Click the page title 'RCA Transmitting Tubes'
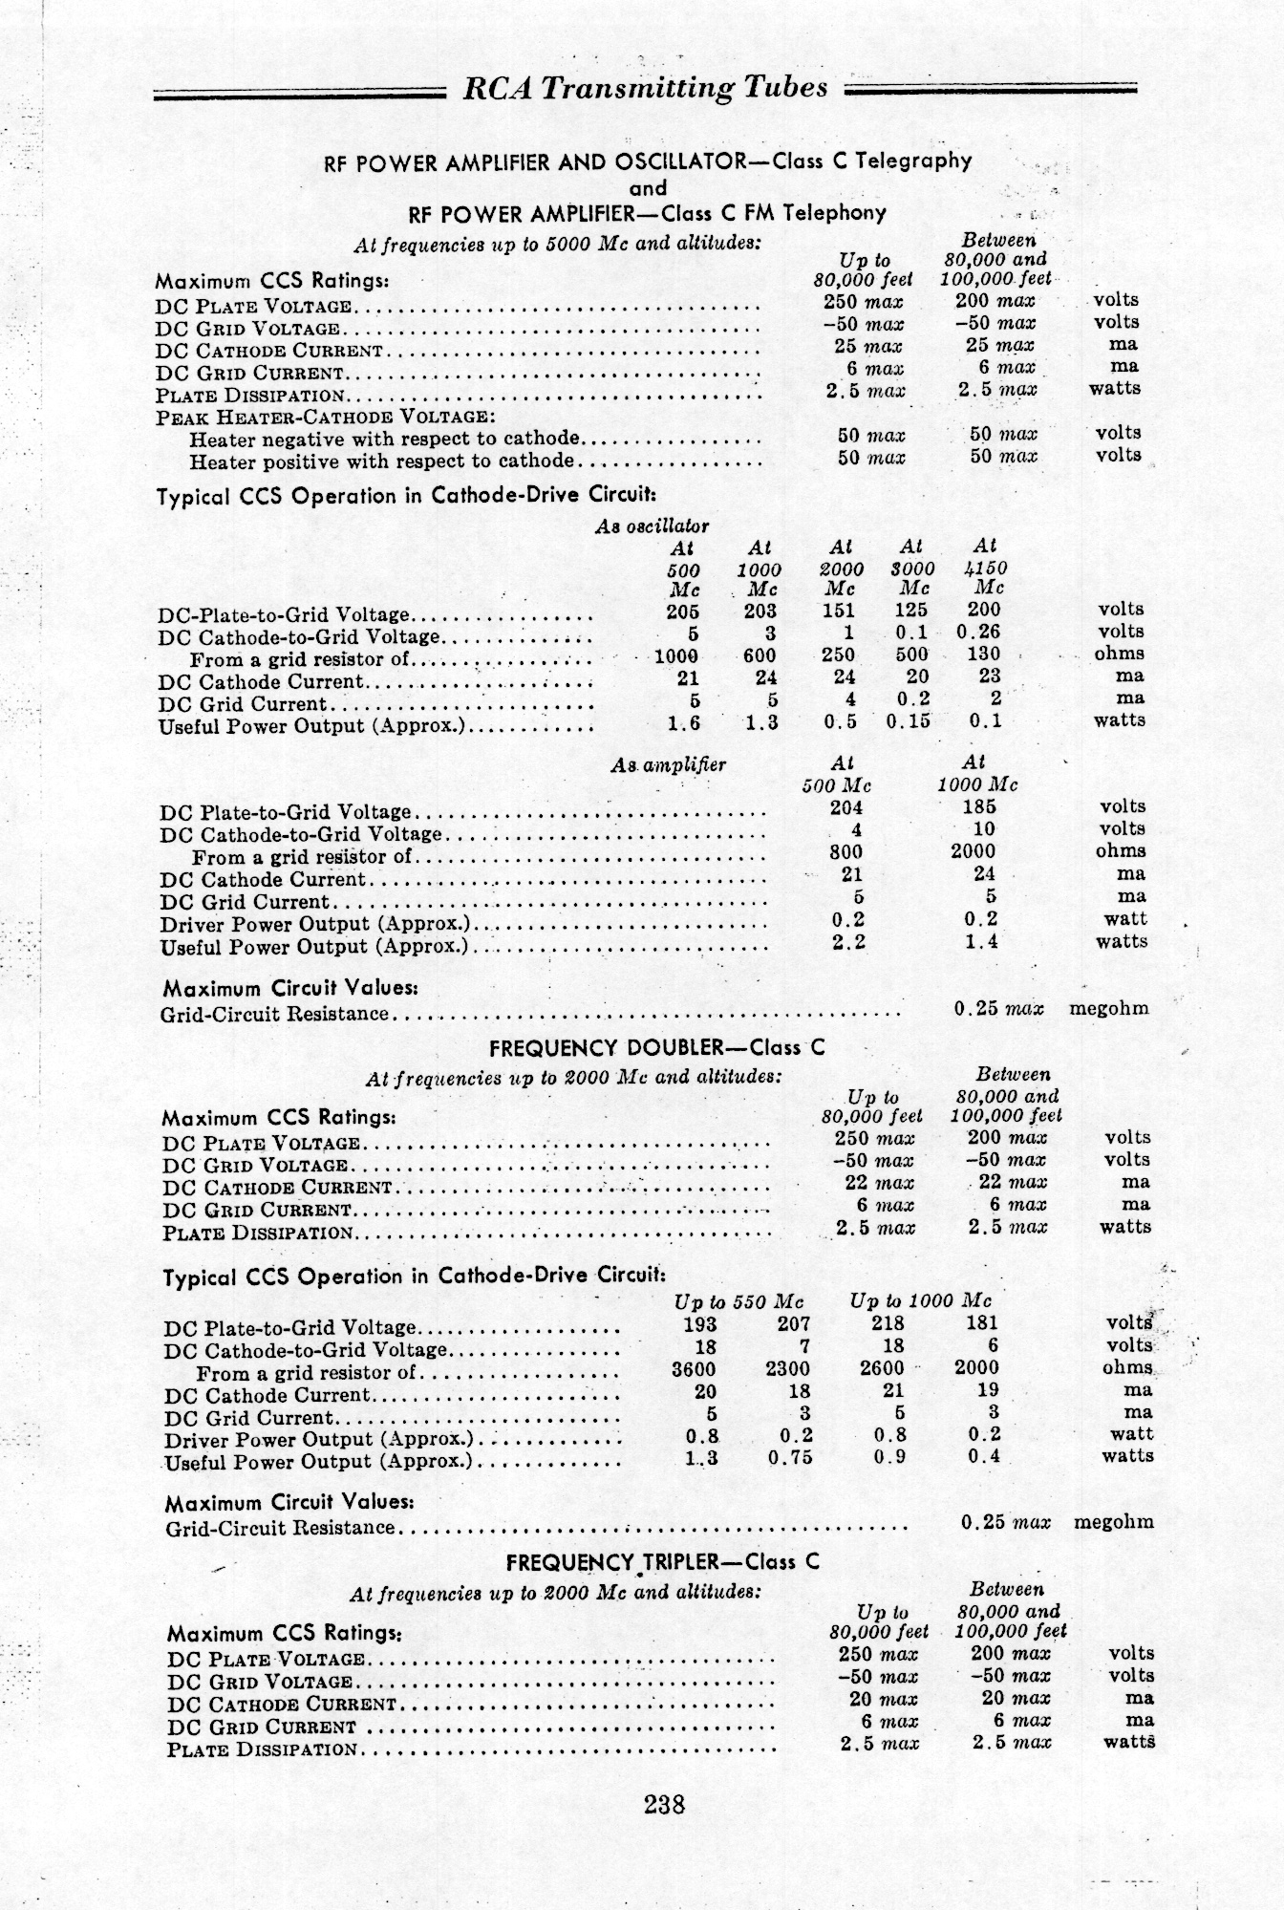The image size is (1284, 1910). coord(645,88)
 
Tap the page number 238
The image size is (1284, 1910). coord(665,1804)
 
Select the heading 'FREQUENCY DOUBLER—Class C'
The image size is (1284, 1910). coord(656,1047)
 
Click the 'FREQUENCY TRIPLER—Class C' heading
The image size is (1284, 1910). coord(662,1563)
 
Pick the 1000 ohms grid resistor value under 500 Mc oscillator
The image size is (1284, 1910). coord(675,655)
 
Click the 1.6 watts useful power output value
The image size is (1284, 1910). coord(683,723)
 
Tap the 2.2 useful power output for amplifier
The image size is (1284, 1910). coord(848,942)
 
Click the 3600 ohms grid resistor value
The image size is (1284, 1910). coord(694,1368)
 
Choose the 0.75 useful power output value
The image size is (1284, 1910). coord(789,1457)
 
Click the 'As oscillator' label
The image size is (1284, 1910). coord(652,526)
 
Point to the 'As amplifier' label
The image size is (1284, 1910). coord(668,764)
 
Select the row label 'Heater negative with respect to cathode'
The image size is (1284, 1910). coord(384,440)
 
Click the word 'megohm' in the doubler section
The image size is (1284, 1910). coord(1114,1522)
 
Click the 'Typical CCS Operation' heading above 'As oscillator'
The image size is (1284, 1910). coord(406,497)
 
